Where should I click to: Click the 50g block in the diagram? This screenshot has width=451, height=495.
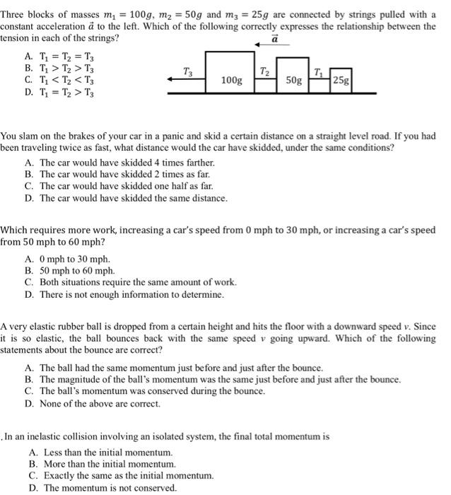(x=294, y=80)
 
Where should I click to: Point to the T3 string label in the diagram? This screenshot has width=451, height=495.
(x=187, y=71)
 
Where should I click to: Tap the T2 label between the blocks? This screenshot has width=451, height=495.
(x=264, y=70)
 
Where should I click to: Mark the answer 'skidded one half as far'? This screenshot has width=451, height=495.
(x=117, y=186)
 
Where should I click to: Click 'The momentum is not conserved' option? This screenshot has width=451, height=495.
(x=106, y=488)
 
